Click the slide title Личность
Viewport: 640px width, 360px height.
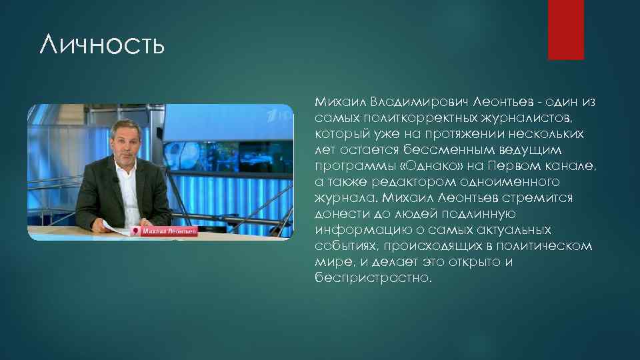(101, 47)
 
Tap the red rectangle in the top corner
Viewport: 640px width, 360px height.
(565, 29)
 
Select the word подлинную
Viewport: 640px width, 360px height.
(469, 214)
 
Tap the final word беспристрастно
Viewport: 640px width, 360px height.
(373, 278)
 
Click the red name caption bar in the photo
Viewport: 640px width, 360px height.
(165, 231)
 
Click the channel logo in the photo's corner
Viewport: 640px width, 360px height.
(277, 116)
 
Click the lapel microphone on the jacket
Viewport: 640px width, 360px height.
(119, 181)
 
